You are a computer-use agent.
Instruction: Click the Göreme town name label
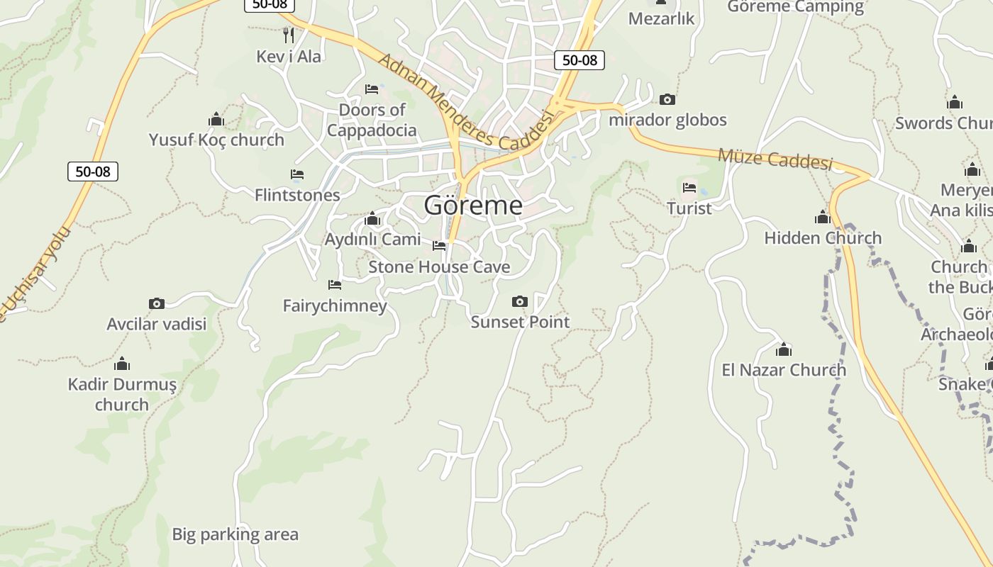point(473,206)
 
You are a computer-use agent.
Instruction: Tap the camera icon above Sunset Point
point(519,302)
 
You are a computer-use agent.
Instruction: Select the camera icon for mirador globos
point(667,100)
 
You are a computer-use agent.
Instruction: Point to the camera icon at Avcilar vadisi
point(157,304)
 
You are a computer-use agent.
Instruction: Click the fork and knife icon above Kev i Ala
point(288,34)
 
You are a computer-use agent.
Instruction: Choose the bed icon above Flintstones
point(297,174)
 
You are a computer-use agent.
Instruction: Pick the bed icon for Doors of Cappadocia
point(372,89)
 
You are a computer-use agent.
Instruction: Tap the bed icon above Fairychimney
point(335,285)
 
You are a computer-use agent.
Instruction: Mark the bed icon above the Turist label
point(689,188)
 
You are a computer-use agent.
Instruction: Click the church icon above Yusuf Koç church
point(216,119)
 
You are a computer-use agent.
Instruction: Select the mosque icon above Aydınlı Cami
point(372,219)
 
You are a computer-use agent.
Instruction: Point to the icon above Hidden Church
point(823,217)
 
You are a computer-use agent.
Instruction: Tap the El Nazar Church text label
point(784,370)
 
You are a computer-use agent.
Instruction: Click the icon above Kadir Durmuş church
point(122,364)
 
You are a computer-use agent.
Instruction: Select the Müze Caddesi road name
point(775,158)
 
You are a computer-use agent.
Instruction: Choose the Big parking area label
point(235,534)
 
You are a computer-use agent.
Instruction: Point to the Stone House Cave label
point(439,267)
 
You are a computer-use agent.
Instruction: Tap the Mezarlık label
point(661,19)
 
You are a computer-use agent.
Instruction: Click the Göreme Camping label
point(796,7)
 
